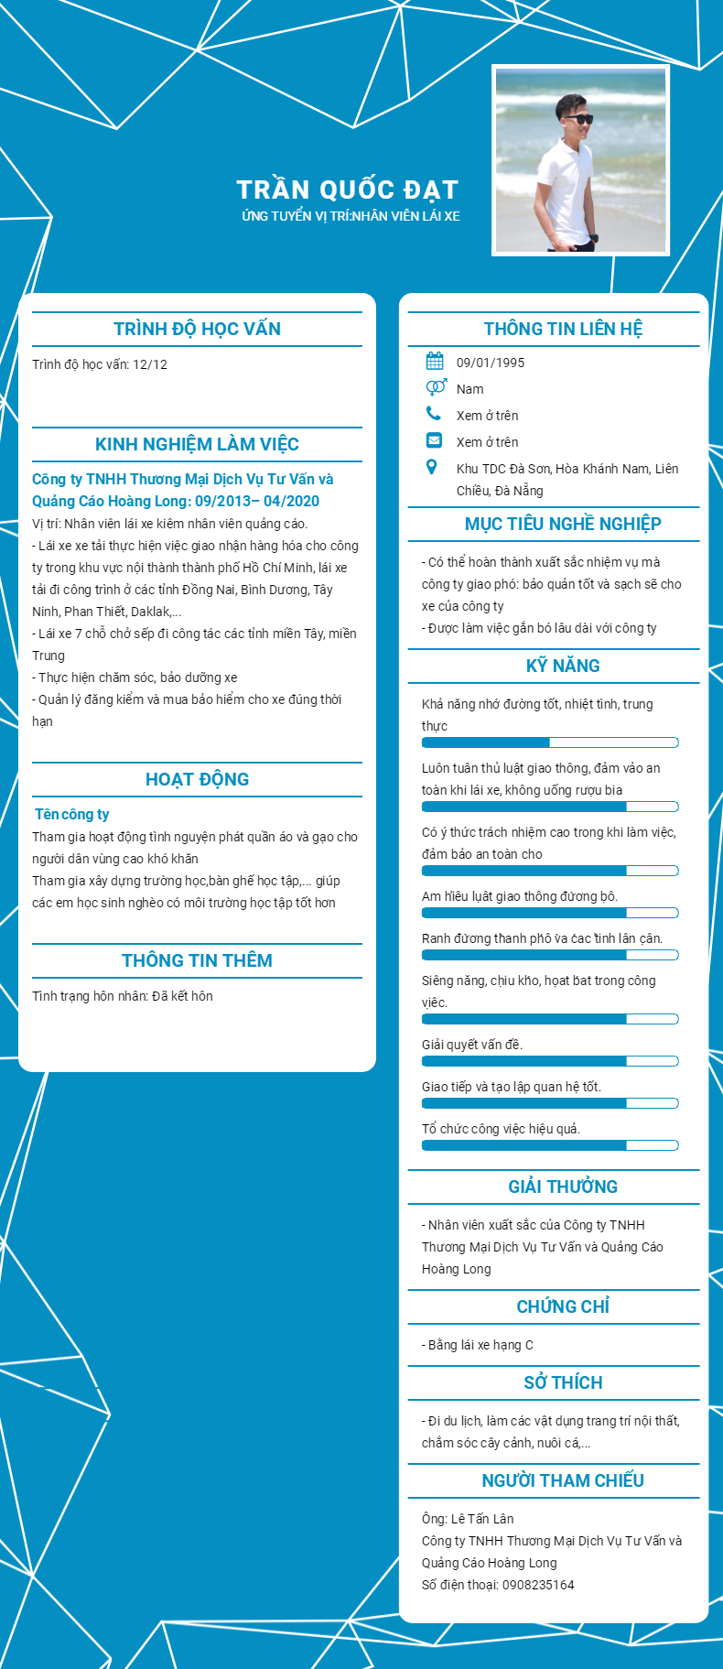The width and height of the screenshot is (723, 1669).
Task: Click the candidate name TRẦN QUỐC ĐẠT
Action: [x=347, y=190]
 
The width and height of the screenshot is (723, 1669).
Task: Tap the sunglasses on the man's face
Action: [x=577, y=119]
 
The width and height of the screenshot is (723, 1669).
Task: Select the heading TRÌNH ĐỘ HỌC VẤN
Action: [x=197, y=329]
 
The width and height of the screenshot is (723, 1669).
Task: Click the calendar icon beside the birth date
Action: [x=435, y=361]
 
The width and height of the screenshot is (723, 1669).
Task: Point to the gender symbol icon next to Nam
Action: [x=436, y=387]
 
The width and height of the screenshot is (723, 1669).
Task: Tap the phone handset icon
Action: [x=434, y=414]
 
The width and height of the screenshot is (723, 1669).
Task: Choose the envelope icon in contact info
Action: [x=434, y=440]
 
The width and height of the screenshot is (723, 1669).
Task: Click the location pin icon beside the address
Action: [x=432, y=468]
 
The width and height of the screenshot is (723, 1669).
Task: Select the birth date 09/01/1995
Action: [x=491, y=363]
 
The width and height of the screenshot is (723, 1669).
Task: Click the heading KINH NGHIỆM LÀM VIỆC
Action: [x=197, y=444]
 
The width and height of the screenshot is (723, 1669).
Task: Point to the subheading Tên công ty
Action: [x=72, y=814]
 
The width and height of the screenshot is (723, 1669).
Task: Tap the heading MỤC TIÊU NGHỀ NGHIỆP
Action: [x=563, y=524]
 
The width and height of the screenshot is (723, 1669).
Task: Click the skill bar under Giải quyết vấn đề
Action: [x=549, y=1061]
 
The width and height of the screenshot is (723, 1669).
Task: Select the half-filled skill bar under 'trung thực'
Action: [x=549, y=742]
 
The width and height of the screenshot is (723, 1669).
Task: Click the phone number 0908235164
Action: [x=538, y=1585]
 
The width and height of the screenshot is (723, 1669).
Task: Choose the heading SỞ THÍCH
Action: [x=563, y=1382]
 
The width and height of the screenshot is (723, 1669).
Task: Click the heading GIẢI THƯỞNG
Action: [x=563, y=1187]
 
